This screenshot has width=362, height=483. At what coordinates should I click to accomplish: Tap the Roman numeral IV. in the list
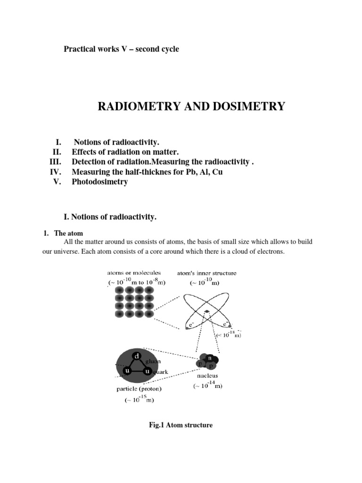coord(56,172)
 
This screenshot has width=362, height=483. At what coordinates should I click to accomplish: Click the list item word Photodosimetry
coord(99,182)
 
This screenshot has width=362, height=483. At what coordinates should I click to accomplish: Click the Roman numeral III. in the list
coord(56,162)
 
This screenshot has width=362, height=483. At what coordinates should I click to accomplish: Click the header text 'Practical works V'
coord(98,49)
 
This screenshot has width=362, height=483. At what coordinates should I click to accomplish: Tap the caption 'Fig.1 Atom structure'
coord(181,425)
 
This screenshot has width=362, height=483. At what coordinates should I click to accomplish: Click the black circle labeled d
coord(137,357)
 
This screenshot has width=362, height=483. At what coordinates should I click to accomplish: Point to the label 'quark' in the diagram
coord(159,372)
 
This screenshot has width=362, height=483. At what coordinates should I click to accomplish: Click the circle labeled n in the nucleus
coord(210,358)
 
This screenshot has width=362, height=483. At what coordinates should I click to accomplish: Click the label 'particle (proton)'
coord(139,389)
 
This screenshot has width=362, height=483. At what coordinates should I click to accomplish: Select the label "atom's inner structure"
coord(207,273)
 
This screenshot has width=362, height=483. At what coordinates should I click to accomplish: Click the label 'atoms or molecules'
coord(134,273)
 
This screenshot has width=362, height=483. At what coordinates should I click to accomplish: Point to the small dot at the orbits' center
coord(207,311)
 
